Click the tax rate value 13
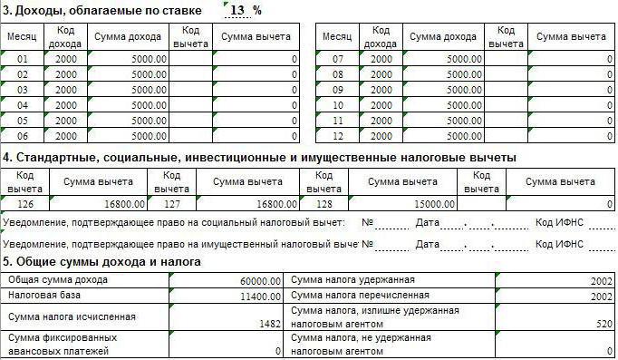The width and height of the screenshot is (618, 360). tap(238, 10)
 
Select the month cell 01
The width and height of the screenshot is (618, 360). tap(24, 60)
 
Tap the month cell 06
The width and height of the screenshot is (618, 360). tap(24, 136)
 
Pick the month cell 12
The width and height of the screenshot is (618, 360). tap(337, 136)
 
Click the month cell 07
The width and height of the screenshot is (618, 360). tap(337, 60)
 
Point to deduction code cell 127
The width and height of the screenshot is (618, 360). tap(173, 205)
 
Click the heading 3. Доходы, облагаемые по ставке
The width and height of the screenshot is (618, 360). tap(108, 10)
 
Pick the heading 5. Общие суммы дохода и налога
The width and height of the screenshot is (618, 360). tap(101, 262)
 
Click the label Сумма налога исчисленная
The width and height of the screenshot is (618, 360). tap(71, 316)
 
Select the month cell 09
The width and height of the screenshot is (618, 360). tap(337, 91)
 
